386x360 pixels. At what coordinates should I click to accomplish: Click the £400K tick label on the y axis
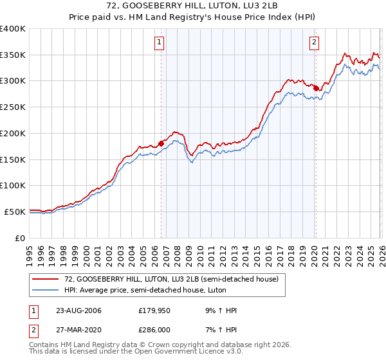13,29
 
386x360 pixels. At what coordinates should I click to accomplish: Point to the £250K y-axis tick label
13,107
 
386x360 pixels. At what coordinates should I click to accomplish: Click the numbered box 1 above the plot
159,43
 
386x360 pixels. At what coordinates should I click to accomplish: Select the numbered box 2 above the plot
314,43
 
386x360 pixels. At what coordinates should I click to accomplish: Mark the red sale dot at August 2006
161,143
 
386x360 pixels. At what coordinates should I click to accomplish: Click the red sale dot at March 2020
316,88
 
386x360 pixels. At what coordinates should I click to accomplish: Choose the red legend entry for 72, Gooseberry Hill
171,279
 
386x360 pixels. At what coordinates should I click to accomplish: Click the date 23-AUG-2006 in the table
78,310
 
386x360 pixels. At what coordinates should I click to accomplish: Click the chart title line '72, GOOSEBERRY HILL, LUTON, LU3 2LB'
192,6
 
